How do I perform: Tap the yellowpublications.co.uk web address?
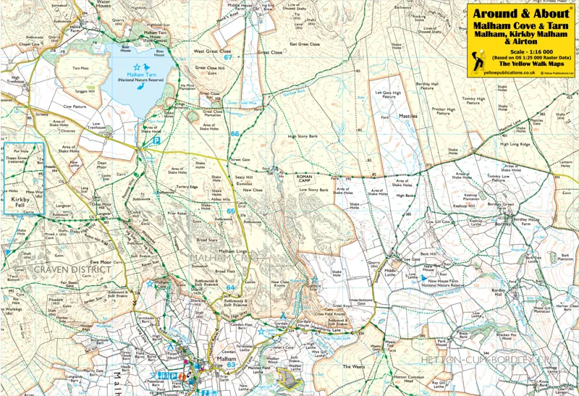click(x=510, y=72)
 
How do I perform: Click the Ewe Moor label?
click(x=100, y=261)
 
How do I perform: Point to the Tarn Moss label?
click(x=80, y=69)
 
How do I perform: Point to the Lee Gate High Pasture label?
click(x=387, y=95)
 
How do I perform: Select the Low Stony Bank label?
click(x=314, y=190)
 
